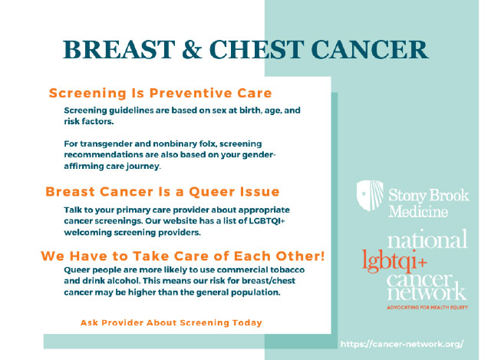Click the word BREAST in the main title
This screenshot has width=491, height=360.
(x=119, y=49)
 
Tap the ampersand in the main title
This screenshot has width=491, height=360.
(x=192, y=49)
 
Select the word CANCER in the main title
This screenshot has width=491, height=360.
(x=370, y=49)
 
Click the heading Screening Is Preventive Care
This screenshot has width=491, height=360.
(x=160, y=93)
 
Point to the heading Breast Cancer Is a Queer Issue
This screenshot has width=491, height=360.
(x=163, y=191)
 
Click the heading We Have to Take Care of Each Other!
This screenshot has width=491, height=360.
(x=183, y=256)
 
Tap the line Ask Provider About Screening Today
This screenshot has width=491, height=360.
(x=171, y=322)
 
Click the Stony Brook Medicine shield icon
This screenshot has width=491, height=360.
(x=370, y=195)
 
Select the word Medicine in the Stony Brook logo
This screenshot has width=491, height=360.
(x=418, y=211)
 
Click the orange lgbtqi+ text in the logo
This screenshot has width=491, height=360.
(x=394, y=261)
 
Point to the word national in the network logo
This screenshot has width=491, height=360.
(x=427, y=239)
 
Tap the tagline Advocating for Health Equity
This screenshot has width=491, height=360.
(x=427, y=307)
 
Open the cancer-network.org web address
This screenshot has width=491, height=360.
(x=402, y=344)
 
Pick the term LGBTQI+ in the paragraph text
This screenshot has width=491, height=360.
(x=267, y=221)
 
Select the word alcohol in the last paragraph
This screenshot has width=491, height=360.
(x=124, y=280)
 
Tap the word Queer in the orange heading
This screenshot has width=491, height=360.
(x=212, y=192)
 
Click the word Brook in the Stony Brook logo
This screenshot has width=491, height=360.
(x=449, y=196)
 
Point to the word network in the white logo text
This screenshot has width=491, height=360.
(x=427, y=292)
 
